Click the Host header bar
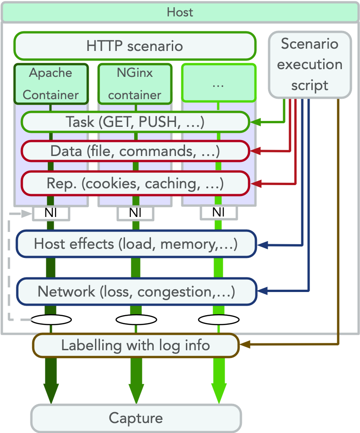click(x=180, y=12)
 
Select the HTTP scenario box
click(x=135, y=46)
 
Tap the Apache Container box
click(x=50, y=84)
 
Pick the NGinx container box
click(x=135, y=84)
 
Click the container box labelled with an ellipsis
click(x=219, y=83)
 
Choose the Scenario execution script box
click(x=310, y=64)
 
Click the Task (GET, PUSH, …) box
click(x=135, y=122)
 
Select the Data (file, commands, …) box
click(x=135, y=151)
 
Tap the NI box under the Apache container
click(x=51, y=212)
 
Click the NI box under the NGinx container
click(x=135, y=212)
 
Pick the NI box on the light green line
click(x=219, y=212)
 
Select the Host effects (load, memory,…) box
click(x=136, y=244)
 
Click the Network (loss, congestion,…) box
click(x=136, y=291)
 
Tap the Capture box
click(x=135, y=418)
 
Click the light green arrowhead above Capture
click(x=219, y=394)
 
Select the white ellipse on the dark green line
click(x=51, y=319)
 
